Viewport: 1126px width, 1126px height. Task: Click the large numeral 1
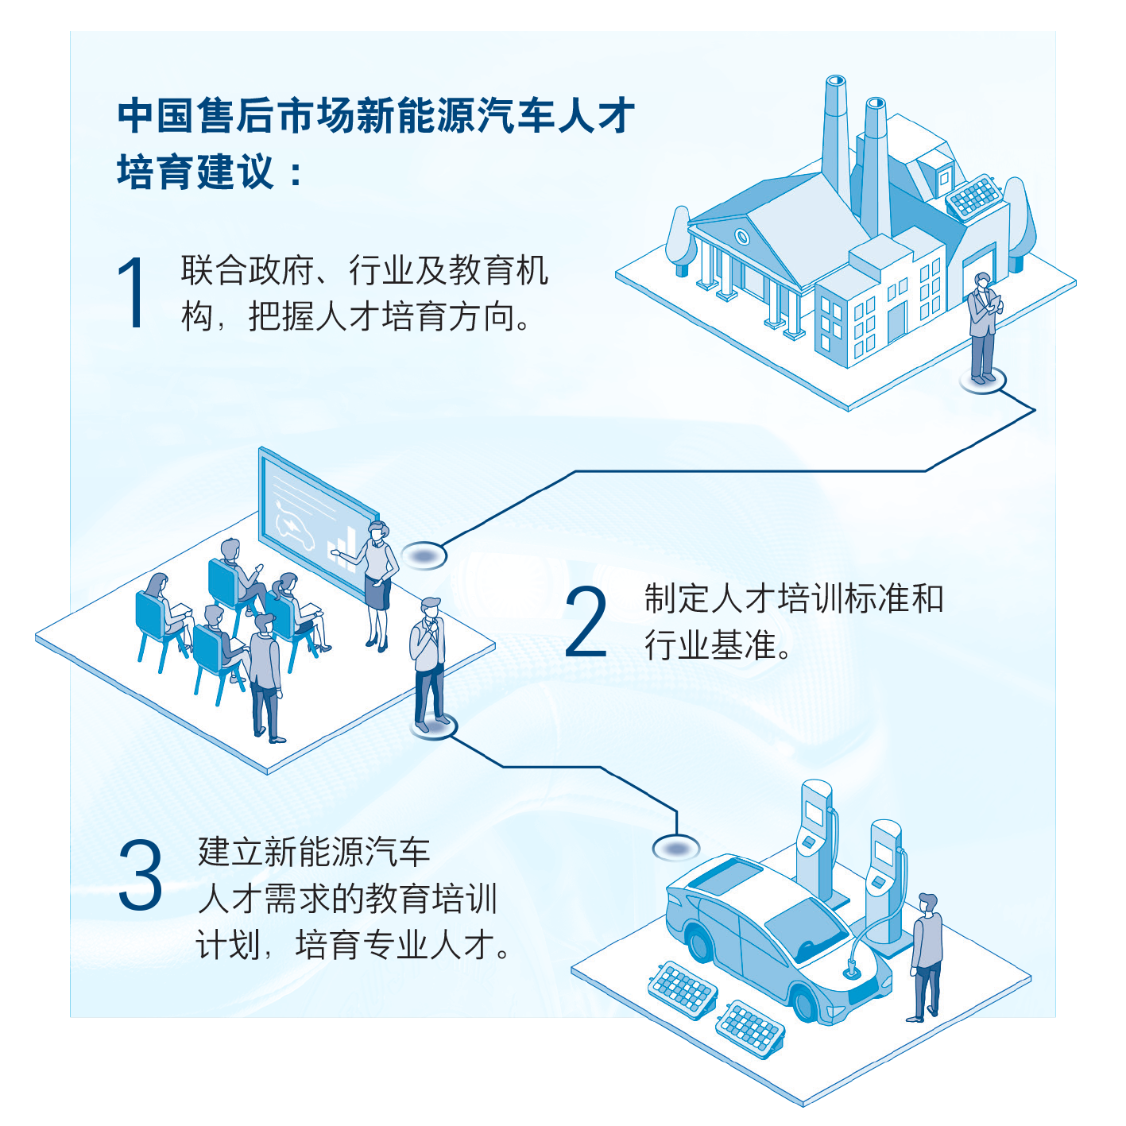coord(132,292)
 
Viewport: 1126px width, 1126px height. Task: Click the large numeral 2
coord(586,622)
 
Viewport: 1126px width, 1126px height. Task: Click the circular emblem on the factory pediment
coord(741,237)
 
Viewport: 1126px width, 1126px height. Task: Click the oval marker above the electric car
coord(675,848)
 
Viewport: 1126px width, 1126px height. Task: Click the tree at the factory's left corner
coord(680,238)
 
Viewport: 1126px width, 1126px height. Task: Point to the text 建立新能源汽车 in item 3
coord(314,852)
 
